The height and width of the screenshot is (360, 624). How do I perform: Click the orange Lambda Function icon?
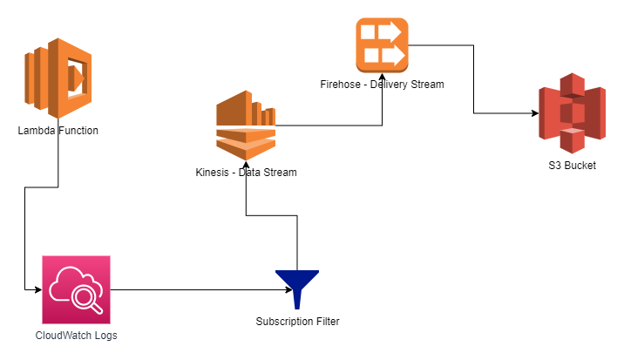click(58, 78)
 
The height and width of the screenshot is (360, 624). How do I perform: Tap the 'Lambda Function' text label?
click(58, 131)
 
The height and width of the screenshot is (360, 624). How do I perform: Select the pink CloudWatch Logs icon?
click(77, 289)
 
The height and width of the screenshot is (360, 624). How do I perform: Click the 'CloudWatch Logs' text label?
click(77, 335)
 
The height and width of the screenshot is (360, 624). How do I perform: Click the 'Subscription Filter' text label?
click(297, 322)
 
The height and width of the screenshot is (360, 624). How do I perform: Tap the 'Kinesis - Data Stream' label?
click(247, 173)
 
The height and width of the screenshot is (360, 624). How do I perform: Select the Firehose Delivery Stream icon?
click(382, 45)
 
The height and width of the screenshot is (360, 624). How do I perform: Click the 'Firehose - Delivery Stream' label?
click(382, 85)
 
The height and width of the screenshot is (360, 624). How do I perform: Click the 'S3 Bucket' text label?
click(572, 165)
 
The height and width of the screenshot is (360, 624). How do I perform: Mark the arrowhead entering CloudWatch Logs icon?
click(38, 289)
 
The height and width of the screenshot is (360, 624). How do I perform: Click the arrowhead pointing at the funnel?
click(271, 289)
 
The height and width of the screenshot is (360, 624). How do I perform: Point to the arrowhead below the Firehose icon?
click(382, 97)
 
